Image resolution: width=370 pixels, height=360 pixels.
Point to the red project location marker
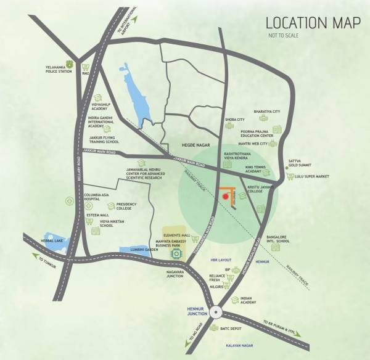pyautogui.click(x=228, y=196)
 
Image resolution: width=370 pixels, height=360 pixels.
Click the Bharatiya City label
pyautogui.click(x=268, y=112)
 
